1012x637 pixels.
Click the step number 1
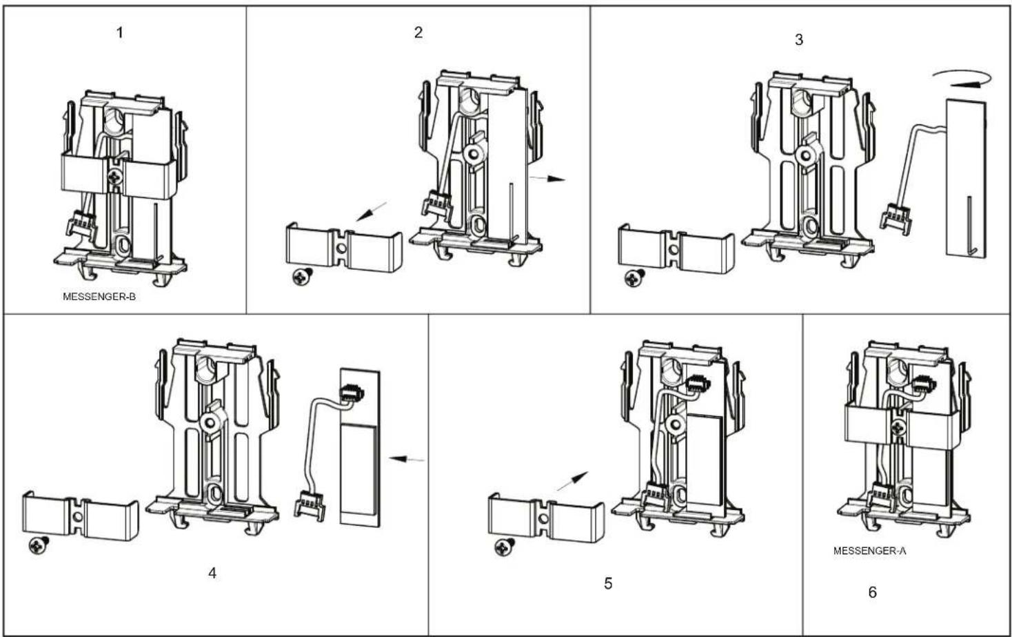click(x=120, y=32)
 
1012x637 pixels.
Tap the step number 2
click(x=418, y=32)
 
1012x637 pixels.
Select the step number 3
click(x=799, y=40)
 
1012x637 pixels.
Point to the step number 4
click(x=212, y=574)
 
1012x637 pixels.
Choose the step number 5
click(x=608, y=584)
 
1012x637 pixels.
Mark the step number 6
click(x=872, y=592)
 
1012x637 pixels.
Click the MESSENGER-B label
click(x=99, y=297)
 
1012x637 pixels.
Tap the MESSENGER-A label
click(x=870, y=551)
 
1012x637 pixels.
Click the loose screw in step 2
click(x=302, y=276)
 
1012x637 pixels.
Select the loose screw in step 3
click(x=634, y=278)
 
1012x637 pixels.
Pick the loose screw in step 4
click(x=39, y=545)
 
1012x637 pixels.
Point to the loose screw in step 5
click(x=504, y=547)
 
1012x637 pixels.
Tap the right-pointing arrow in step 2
click(x=547, y=178)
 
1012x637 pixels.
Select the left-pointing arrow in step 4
click(x=407, y=459)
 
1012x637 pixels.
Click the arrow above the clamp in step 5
click(x=572, y=481)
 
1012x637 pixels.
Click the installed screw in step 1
click(x=116, y=176)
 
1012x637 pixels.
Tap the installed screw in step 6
click(x=898, y=427)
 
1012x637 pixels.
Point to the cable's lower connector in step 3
click(x=895, y=219)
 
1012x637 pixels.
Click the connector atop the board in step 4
click(x=353, y=392)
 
